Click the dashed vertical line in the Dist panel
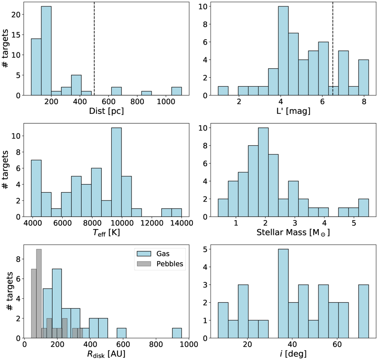pyautogui.click(x=94, y=47)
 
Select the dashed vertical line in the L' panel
pyautogui.click(x=333, y=47)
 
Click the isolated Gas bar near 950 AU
pyautogui.click(x=177, y=333)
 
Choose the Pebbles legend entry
pyautogui.click(x=163, y=264)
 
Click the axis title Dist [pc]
pyautogui.click(x=106, y=111)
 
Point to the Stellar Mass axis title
pyautogui.click(x=293, y=233)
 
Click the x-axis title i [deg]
pyautogui.click(x=293, y=354)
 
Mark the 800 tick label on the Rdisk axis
pyautogui.click(x=156, y=345)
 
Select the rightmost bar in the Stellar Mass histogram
pyautogui.click(x=364, y=208)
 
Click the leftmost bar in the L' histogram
pyautogui.click(x=223, y=91)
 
